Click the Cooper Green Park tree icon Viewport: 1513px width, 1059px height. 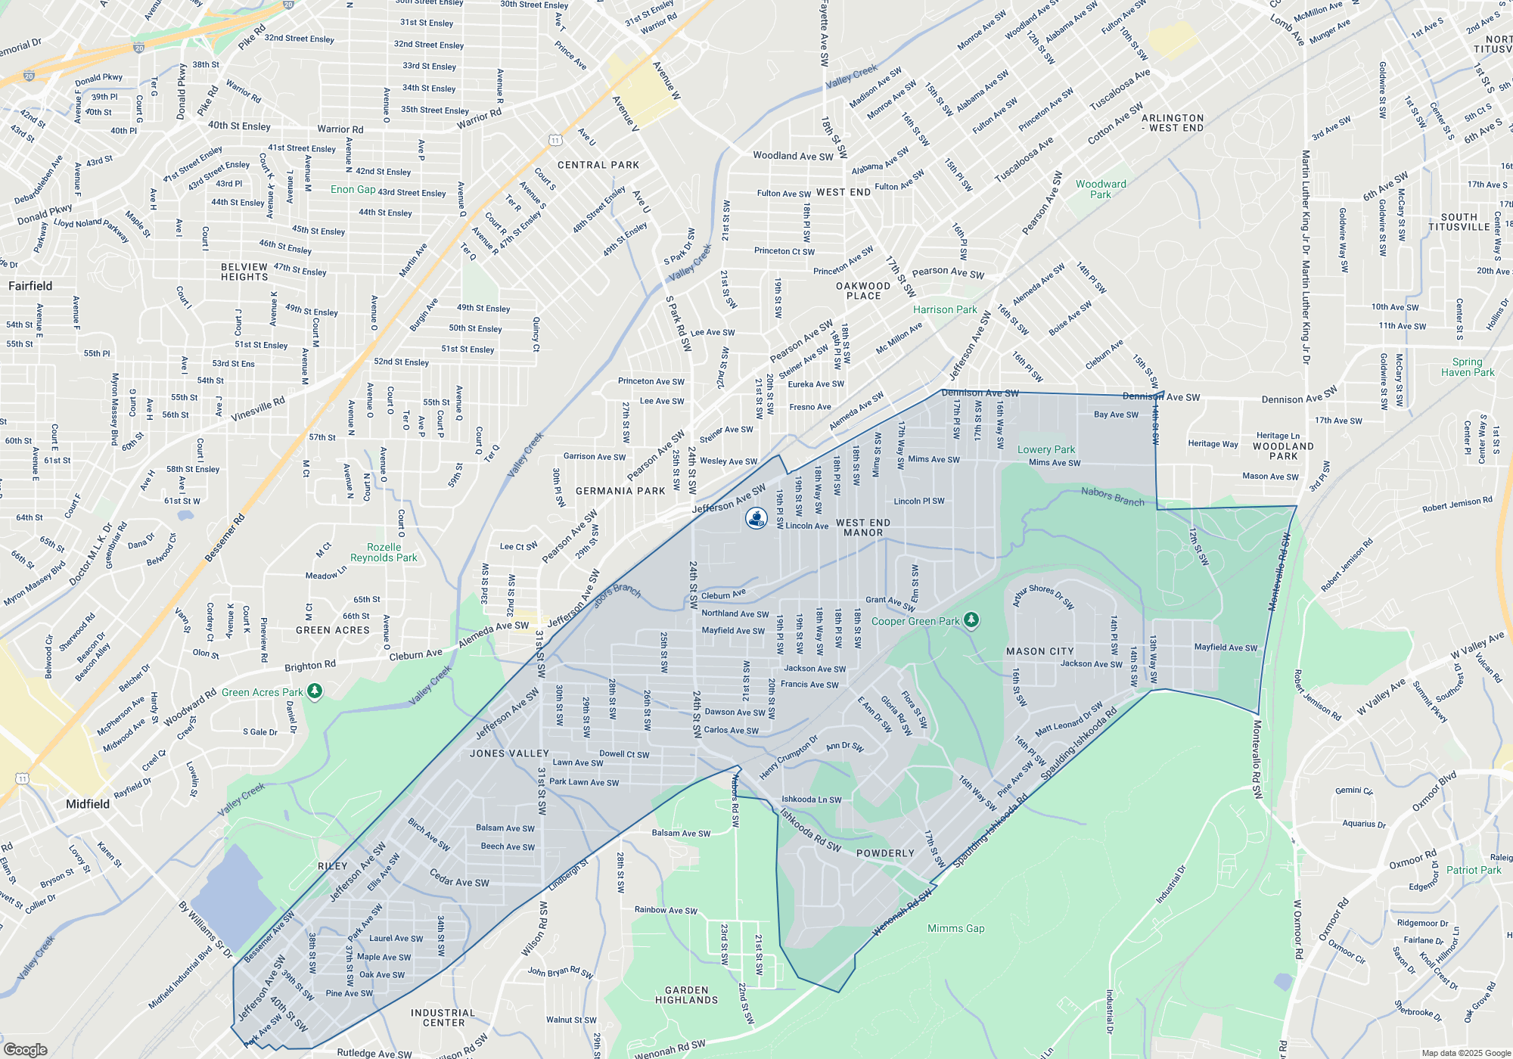(971, 620)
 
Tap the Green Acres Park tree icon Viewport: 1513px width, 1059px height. (315, 691)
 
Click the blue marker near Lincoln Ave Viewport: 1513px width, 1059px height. (756, 518)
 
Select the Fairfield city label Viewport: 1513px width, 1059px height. (30, 286)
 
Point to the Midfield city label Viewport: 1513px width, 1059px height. (88, 804)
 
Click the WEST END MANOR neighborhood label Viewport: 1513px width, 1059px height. (863, 528)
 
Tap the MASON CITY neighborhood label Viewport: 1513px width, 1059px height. (1040, 651)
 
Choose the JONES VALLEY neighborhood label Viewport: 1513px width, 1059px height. (509, 753)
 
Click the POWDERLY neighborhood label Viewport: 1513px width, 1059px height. (885, 853)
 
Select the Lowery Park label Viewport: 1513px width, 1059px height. (1045, 449)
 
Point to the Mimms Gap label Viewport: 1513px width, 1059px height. (956, 928)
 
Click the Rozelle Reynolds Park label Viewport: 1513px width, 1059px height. (384, 552)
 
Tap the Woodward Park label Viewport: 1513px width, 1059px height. (1101, 189)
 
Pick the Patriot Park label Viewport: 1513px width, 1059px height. (1474, 870)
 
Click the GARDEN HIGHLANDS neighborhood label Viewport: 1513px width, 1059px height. (687, 995)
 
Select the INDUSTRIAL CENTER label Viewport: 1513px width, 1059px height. (443, 1017)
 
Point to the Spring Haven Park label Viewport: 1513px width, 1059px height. (1468, 367)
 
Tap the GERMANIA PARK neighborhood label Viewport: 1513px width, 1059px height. (620, 491)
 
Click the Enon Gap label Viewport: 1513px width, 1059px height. (353, 189)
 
